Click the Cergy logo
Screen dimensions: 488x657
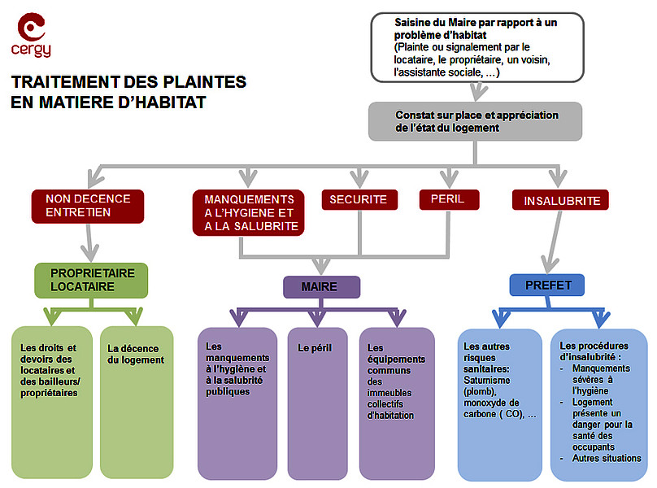coord(32,35)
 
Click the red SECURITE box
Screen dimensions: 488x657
coord(359,199)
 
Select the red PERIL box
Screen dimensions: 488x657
coord(449,199)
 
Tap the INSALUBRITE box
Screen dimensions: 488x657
coord(562,200)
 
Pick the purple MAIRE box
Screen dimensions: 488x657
coord(321,287)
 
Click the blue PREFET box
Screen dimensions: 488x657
coord(548,285)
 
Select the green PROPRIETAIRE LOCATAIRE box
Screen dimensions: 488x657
coord(92,280)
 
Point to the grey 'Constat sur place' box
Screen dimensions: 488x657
coord(476,121)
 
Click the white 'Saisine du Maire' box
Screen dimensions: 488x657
coord(477,48)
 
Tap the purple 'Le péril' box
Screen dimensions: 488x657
coord(317,403)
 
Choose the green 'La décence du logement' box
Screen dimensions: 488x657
coord(137,402)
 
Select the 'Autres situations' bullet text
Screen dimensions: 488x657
coord(606,459)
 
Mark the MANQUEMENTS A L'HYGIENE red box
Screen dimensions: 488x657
coord(249,212)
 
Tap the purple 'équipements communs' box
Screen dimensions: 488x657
coord(397,403)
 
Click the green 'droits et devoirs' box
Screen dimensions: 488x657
coord(52,402)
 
